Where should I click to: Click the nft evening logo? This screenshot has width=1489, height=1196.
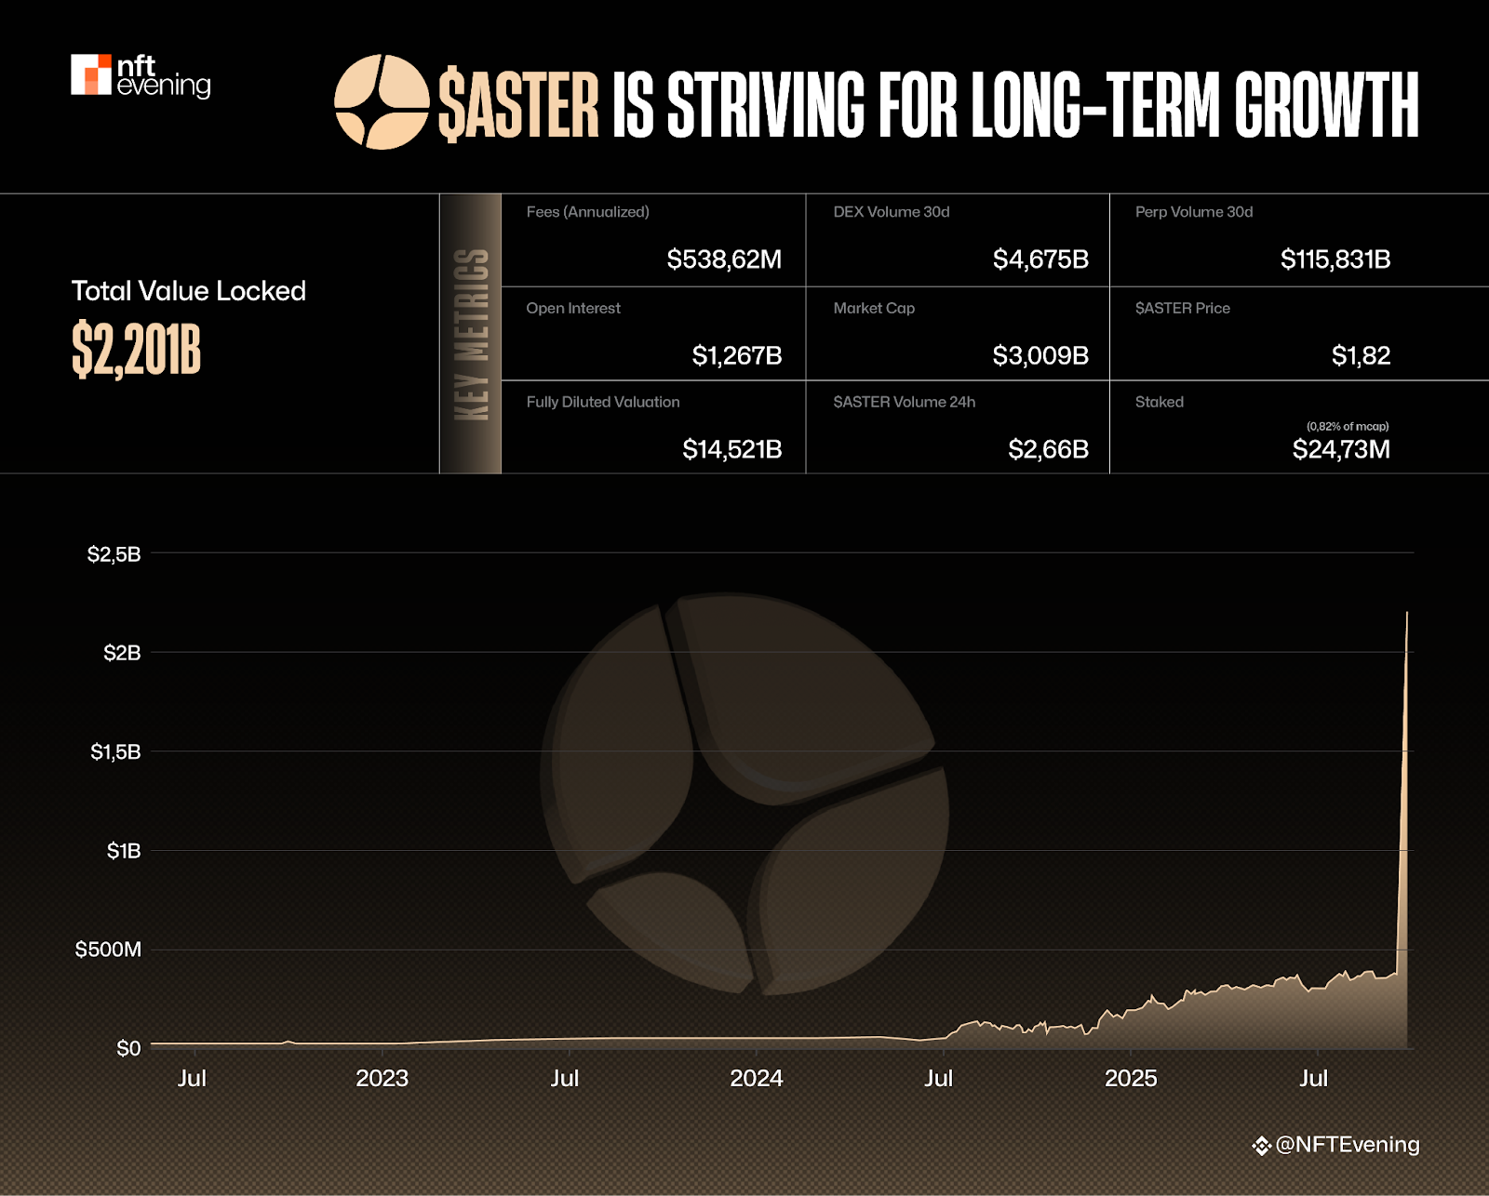point(141,75)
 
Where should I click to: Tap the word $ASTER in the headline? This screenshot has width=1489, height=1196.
point(518,104)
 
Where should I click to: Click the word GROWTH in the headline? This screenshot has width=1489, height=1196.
point(1326,104)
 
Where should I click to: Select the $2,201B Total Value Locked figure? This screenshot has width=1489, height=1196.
point(137,351)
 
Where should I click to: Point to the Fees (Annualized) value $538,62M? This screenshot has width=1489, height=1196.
point(724,259)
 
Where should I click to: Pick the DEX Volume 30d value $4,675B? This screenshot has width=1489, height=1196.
point(1040,259)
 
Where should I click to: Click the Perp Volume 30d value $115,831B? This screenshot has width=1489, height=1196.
point(1335,259)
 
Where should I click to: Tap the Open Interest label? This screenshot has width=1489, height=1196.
point(573,308)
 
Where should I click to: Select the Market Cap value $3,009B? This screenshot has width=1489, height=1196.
point(1040,355)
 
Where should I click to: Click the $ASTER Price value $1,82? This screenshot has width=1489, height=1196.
point(1361,355)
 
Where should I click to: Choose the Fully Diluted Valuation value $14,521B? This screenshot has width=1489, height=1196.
point(732,449)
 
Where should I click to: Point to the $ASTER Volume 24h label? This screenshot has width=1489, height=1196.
point(905,402)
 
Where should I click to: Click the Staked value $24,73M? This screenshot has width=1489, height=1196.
point(1341,449)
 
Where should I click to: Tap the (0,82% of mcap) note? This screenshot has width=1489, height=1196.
point(1348,426)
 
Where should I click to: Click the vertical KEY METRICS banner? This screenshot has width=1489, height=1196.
point(471,334)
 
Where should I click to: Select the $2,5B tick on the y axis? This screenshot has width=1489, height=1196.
point(114,554)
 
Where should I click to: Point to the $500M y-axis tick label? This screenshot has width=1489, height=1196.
point(108,950)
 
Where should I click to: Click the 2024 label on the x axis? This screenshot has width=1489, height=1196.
point(756,1078)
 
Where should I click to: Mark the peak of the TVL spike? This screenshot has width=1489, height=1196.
point(1407,613)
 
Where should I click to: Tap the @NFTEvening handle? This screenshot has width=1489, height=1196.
point(1347,1145)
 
